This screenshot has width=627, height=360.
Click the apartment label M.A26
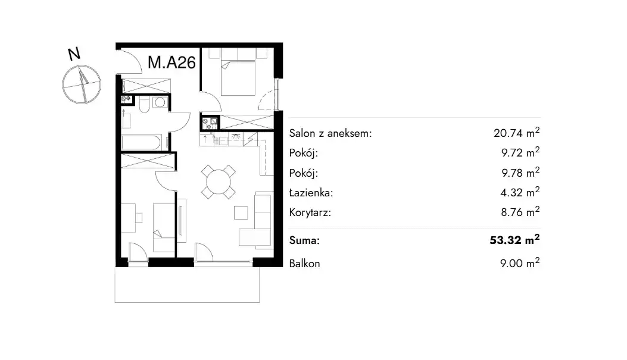point(172,62)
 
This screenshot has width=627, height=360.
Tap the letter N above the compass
point(74,54)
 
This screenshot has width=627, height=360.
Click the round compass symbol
point(82,84)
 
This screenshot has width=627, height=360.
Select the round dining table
point(219,182)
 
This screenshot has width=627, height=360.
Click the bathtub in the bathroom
point(142,143)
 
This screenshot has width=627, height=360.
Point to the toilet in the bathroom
point(144,104)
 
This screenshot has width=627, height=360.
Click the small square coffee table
point(241,212)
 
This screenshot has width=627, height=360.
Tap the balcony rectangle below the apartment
point(187,284)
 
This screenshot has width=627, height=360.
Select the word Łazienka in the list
point(311,193)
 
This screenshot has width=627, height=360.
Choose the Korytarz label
point(310,212)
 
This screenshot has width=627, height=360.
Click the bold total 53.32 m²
point(514,240)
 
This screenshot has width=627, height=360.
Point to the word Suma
point(304,240)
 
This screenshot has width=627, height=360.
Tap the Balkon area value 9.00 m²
point(520,264)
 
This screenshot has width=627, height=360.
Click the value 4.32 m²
point(520,192)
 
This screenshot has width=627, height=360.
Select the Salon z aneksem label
point(330,133)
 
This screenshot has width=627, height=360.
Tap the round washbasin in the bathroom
point(160,103)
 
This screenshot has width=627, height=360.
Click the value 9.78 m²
point(520,173)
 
